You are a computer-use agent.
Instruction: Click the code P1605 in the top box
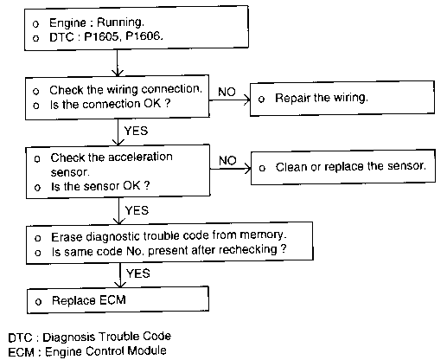point(101,36)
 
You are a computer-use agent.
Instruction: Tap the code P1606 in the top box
point(143,36)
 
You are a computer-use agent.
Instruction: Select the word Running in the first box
point(119,22)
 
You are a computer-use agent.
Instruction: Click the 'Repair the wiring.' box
point(342,99)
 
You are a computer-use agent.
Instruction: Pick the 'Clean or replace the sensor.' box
point(343,167)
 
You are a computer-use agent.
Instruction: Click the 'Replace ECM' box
point(118,300)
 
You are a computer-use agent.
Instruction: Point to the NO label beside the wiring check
point(227,92)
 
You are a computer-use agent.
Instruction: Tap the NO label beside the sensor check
point(227,160)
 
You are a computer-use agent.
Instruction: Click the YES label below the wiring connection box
point(136,131)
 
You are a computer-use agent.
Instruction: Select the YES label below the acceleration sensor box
point(137,210)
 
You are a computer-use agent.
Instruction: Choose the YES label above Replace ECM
point(138,273)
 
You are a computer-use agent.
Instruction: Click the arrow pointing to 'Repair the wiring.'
point(229,100)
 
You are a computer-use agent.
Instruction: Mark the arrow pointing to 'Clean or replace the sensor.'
point(230,169)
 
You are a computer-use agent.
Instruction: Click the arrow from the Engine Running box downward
point(117,62)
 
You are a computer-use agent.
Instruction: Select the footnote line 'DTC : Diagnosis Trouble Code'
point(90,337)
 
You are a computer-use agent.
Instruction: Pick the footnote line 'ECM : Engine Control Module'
point(87,351)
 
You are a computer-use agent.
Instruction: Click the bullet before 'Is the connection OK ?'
point(36,106)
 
